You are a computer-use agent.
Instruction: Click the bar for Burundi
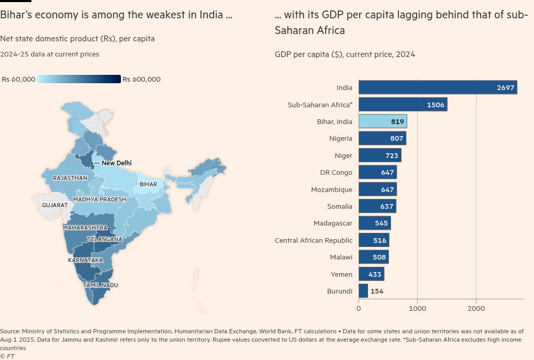point(363,291)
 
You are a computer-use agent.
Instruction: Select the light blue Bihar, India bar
point(382,121)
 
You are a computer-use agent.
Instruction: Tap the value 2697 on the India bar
point(506,88)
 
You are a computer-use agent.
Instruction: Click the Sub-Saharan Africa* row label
point(320,105)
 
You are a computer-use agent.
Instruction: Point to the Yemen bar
point(371,274)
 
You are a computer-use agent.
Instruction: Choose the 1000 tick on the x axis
point(417,309)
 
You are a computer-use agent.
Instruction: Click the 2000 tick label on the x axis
point(476,309)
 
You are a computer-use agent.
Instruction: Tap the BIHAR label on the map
point(148,185)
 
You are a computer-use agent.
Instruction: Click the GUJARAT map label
point(55,205)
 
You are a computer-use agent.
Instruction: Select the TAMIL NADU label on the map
point(101,285)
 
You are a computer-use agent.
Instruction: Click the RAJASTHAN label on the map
point(70,178)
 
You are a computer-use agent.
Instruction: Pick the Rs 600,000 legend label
point(141,80)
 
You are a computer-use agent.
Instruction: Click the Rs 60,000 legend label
point(19,80)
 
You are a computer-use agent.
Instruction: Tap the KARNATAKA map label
point(85,260)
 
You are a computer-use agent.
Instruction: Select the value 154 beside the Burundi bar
point(377,291)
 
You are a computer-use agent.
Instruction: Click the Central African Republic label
point(314,240)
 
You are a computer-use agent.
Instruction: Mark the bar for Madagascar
point(374,223)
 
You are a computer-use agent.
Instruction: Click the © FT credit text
point(7,356)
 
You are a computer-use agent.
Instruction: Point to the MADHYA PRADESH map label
point(99,199)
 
